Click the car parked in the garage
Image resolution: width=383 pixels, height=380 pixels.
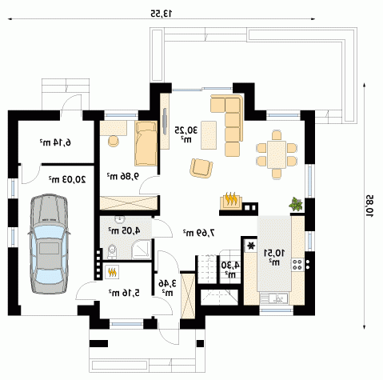coord(49,244)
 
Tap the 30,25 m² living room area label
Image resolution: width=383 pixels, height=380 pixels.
coord(186,134)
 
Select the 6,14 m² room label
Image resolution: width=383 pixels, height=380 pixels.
coord(55,142)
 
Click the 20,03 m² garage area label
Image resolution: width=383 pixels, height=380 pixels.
coord(67,179)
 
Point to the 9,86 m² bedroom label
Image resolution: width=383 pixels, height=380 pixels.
coord(123,176)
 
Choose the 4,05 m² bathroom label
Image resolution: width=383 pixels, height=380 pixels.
coord(124,230)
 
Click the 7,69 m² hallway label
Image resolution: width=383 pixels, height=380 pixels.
coord(198,233)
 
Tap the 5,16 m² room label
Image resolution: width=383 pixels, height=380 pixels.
coord(124,293)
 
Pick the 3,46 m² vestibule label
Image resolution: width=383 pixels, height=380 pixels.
coord(168,287)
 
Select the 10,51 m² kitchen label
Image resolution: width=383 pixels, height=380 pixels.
coord(274,257)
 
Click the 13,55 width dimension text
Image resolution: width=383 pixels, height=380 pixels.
coord(162,13)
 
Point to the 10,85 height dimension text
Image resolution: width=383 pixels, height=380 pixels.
coord(369,205)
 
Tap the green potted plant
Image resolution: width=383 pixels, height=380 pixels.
coord(296,204)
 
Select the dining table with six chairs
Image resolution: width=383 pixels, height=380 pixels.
coord(277,154)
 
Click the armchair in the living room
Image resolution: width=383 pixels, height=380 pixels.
coord(201,168)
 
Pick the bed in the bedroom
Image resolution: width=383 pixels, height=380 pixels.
coord(146,143)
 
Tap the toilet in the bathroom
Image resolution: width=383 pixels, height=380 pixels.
coord(112,251)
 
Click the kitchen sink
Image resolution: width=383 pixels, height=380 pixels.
coord(274,298)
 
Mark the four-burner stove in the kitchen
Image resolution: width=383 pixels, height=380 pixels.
coord(297,264)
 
